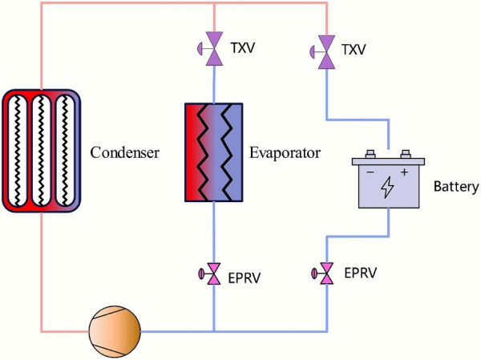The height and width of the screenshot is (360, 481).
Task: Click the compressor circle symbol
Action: coord(114,330)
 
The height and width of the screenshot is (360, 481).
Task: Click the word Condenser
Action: coord(124,152)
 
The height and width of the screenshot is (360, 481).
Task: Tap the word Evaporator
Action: coord(285,152)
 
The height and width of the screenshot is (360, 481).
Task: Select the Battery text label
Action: coord(455,188)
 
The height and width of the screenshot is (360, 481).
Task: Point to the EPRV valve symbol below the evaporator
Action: coord(214,275)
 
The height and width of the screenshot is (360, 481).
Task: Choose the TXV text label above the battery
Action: coord(353,50)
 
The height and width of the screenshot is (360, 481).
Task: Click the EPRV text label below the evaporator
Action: coord(245,278)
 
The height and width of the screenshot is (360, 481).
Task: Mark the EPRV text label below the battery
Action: coord(360,273)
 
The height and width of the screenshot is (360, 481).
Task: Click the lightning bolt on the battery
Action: coord(387,188)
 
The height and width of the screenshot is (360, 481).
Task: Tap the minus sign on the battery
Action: coord(370,172)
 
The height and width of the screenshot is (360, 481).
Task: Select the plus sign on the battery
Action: coord(404,172)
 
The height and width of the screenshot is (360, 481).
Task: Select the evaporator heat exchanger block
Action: coord(214,152)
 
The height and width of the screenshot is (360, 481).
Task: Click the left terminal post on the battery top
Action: coord(370,156)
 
